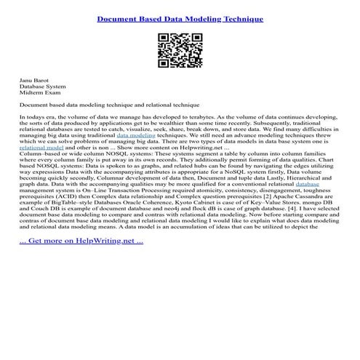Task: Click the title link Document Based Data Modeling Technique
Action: pos(180,18)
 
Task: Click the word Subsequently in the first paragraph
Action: pos(276,123)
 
